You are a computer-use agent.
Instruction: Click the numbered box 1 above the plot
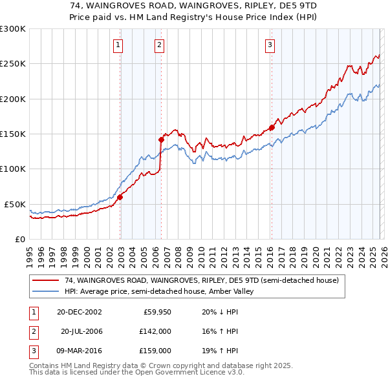point(119,45)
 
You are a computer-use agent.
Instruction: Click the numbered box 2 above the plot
point(159,45)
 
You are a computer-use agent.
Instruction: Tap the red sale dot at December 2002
point(120,198)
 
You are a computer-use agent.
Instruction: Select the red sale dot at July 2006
point(161,139)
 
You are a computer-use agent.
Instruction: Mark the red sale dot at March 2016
point(272,127)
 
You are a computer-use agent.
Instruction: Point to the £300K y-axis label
point(13,29)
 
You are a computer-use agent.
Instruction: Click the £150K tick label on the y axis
point(13,134)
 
